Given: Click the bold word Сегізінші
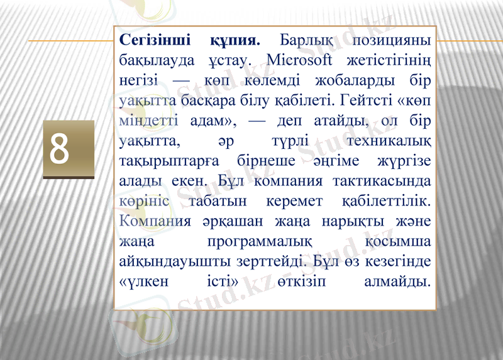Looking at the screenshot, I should point(155,41).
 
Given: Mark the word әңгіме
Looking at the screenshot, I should point(343,161).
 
